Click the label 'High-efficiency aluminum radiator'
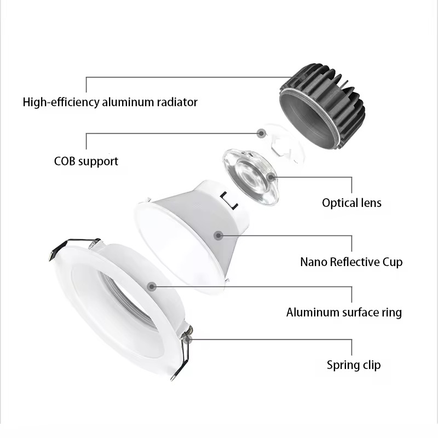110,102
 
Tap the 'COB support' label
86,162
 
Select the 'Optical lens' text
351,203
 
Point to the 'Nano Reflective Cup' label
351,262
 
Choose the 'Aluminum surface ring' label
344,312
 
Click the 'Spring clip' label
354,365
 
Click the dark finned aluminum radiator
322,106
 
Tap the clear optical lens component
251,177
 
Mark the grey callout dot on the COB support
261,133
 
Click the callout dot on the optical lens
270,177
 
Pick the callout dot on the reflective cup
218,235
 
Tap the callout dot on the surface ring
152,286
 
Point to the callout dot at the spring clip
188,339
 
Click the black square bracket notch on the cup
229,200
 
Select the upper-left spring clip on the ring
73,247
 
